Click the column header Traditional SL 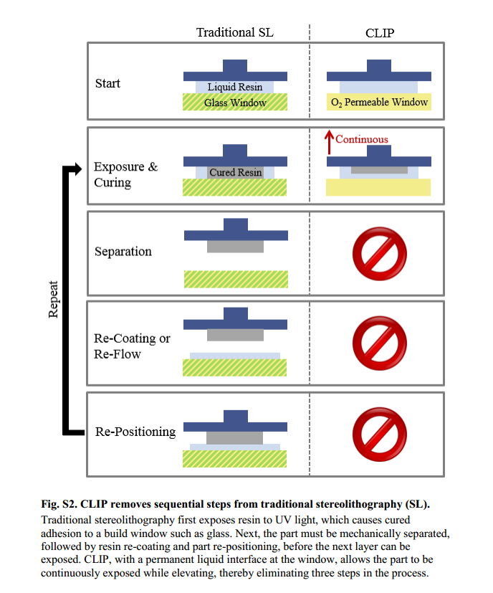[235, 32]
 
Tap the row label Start [107, 84]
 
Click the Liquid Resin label [235, 87]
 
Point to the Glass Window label [235, 103]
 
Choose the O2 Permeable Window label [379, 103]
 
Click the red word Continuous [361, 140]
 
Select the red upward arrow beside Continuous [330, 142]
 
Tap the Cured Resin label [235, 173]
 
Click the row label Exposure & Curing [125, 175]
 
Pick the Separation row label [123, 252]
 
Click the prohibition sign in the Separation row [379, 252]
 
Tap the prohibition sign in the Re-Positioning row [379, 432]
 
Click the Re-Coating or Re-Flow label [132, 346]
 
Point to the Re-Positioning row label [135, 432]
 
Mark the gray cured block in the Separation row [235, 246]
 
